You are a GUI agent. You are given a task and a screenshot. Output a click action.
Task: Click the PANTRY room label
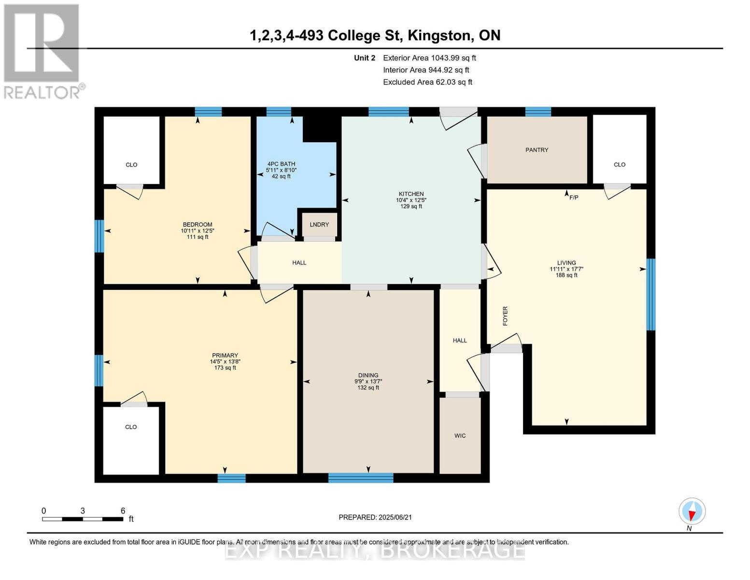pos(537,150)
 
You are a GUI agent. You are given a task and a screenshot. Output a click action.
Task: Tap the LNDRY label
pos(319,225)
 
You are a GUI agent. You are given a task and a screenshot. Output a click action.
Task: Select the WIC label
pos(460,435)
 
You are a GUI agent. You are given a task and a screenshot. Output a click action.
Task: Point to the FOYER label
pos(505,316)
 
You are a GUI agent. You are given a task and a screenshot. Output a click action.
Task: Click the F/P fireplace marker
pos(574,197)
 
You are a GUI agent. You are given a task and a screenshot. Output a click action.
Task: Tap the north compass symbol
pos(692,511)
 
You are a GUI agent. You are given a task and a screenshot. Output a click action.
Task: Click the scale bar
pos(83,519)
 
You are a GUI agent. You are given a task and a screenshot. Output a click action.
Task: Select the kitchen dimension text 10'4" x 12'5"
pos(411,200)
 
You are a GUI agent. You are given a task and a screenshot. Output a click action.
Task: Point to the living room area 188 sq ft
pos(566,275)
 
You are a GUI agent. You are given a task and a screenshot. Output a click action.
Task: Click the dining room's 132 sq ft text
pos(368,388)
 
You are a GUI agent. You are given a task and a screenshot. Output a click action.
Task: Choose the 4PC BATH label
pos(281,164)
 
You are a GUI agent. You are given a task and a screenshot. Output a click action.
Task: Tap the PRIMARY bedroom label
pos(225,355)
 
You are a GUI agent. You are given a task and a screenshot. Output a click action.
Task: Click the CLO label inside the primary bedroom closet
pos(131,427)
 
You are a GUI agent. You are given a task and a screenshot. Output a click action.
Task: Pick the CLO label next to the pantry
pos(620,164)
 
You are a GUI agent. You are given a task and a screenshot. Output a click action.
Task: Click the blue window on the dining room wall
pos(361,478)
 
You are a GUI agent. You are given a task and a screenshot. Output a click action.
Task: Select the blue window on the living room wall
pos(651,294)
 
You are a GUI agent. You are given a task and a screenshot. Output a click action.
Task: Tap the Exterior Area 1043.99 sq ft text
pos(429,58)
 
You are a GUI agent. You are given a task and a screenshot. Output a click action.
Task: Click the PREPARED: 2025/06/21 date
pos(375,517)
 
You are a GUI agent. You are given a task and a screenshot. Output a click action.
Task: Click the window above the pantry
pos(538,112)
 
